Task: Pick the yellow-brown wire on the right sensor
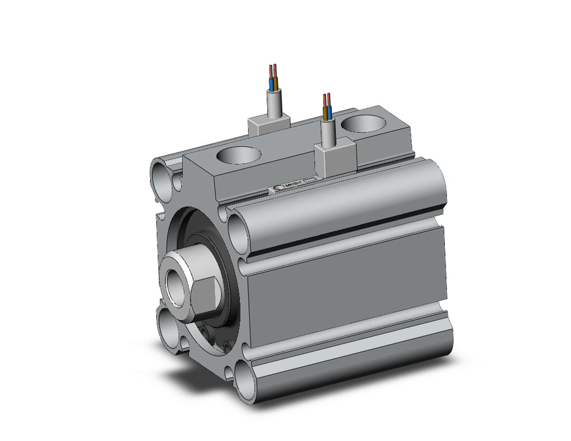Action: coord(325,113)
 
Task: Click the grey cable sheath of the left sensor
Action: coord(274,104)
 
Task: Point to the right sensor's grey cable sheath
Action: coord(327,132)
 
